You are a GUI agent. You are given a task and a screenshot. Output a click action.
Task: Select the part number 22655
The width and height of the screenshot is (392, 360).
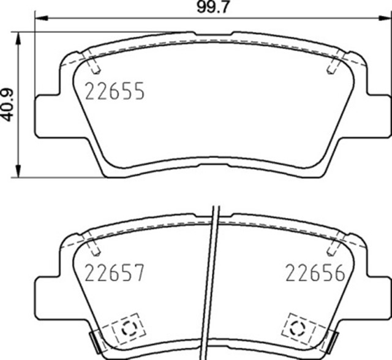115,92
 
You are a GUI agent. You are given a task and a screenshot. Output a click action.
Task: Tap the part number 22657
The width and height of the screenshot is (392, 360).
115,272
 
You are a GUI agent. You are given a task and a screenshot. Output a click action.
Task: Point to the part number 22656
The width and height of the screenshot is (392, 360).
314,272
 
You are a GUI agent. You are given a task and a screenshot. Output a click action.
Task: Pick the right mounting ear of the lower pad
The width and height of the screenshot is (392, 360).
377,297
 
